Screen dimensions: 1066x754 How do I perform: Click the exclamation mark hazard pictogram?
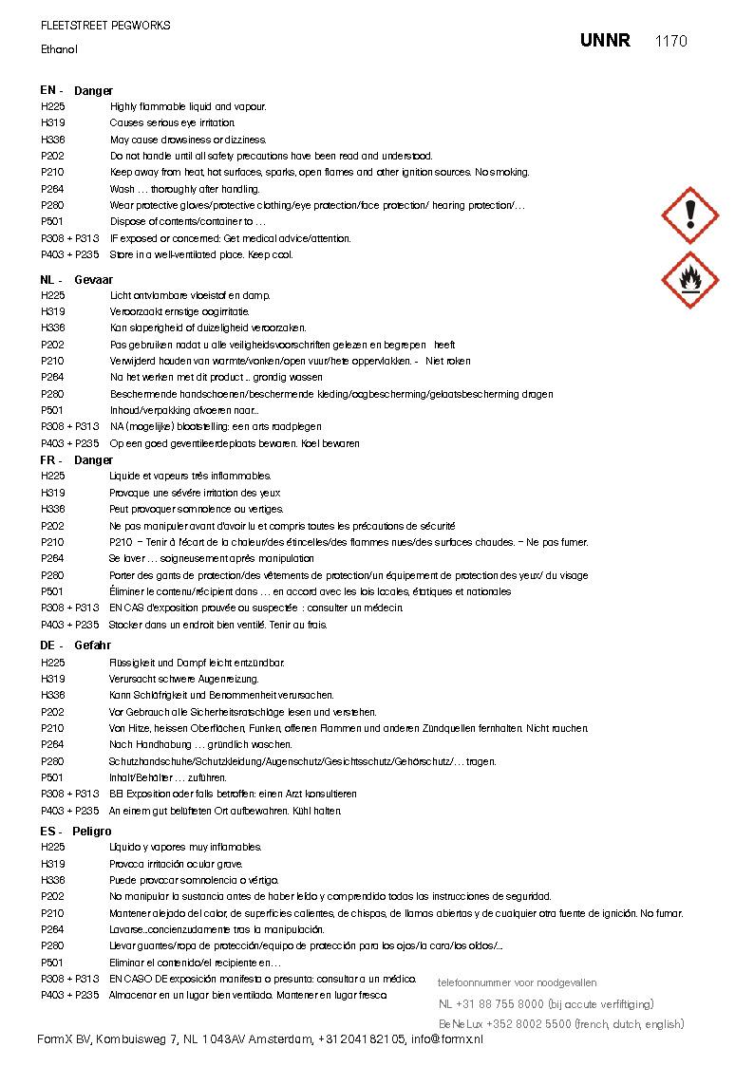(x=690, y=215)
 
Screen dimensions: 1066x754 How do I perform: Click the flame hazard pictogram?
(x=690, y=280)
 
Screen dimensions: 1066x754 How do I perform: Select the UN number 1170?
(x=670, y=41)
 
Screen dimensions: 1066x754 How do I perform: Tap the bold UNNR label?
(x=605, y=41)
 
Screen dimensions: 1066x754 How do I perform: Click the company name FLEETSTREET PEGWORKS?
(x=105, y=26)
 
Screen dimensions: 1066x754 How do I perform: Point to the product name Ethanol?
(x=59, y=49)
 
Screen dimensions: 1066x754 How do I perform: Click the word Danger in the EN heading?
(x=93, y=90)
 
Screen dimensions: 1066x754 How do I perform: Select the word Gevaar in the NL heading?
(x=93, y=280)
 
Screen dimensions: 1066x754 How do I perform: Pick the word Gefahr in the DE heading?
(x=92, y=645)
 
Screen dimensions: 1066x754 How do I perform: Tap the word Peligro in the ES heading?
(x=91, y=832)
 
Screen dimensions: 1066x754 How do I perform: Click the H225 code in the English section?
(x=52, y=107)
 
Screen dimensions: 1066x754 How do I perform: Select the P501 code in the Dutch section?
(x=52, y=411)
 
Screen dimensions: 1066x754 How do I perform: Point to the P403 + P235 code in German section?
(x=69, y=811)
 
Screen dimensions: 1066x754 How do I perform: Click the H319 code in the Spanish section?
(x=52, y=864)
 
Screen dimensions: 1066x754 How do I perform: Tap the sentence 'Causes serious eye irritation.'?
(x=172, y=123)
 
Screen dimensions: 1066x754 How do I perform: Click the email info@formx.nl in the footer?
(x=446, y=1039)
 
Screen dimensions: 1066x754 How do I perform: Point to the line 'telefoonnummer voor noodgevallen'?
(x=517, y=982)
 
